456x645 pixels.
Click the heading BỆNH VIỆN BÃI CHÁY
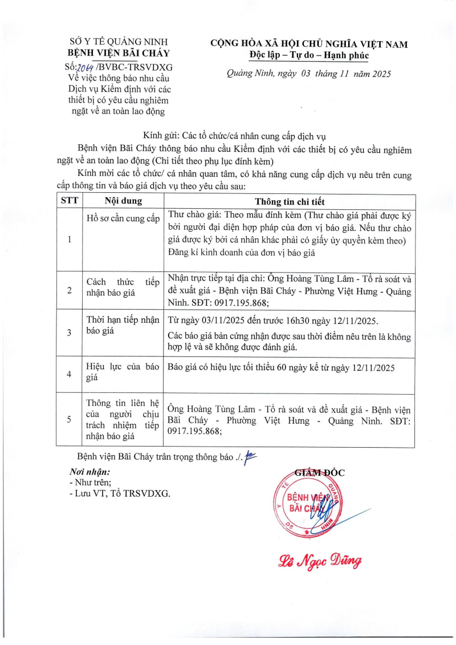pyautogui.click(x=119, y=54)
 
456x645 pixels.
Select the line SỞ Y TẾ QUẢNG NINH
pyautogui.click(x=119, y=42)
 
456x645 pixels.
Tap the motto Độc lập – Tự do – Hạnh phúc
pyautogui.click(x=309, y=55)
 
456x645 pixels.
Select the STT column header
pyautogui.click(x=70, y=201)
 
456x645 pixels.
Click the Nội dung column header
pyautogui.click(x=123, y=201)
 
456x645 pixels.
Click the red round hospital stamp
pyautogui.click(x=307, y=502)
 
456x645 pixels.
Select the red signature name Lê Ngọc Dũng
pyautogui.click(x=320, y=562)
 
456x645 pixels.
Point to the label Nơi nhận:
pyautogui.click(x=89, y=472)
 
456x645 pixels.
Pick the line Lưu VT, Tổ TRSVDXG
pyautogui.click(x=119, y=493)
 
